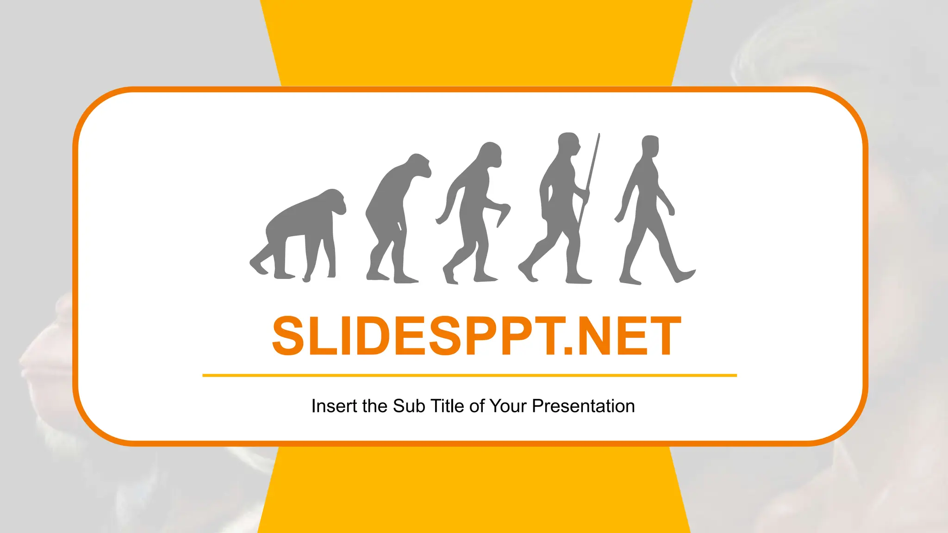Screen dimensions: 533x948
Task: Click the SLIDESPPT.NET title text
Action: [x=476, y=336]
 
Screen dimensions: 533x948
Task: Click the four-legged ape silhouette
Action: [x=301, y=231]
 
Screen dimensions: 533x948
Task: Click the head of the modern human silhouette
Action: [x=650, y=146]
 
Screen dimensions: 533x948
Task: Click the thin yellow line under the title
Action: [x=469, y=375]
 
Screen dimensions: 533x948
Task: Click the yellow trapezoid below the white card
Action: [x=474, y=490]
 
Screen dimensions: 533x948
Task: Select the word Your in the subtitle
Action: [x=508, y=406]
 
